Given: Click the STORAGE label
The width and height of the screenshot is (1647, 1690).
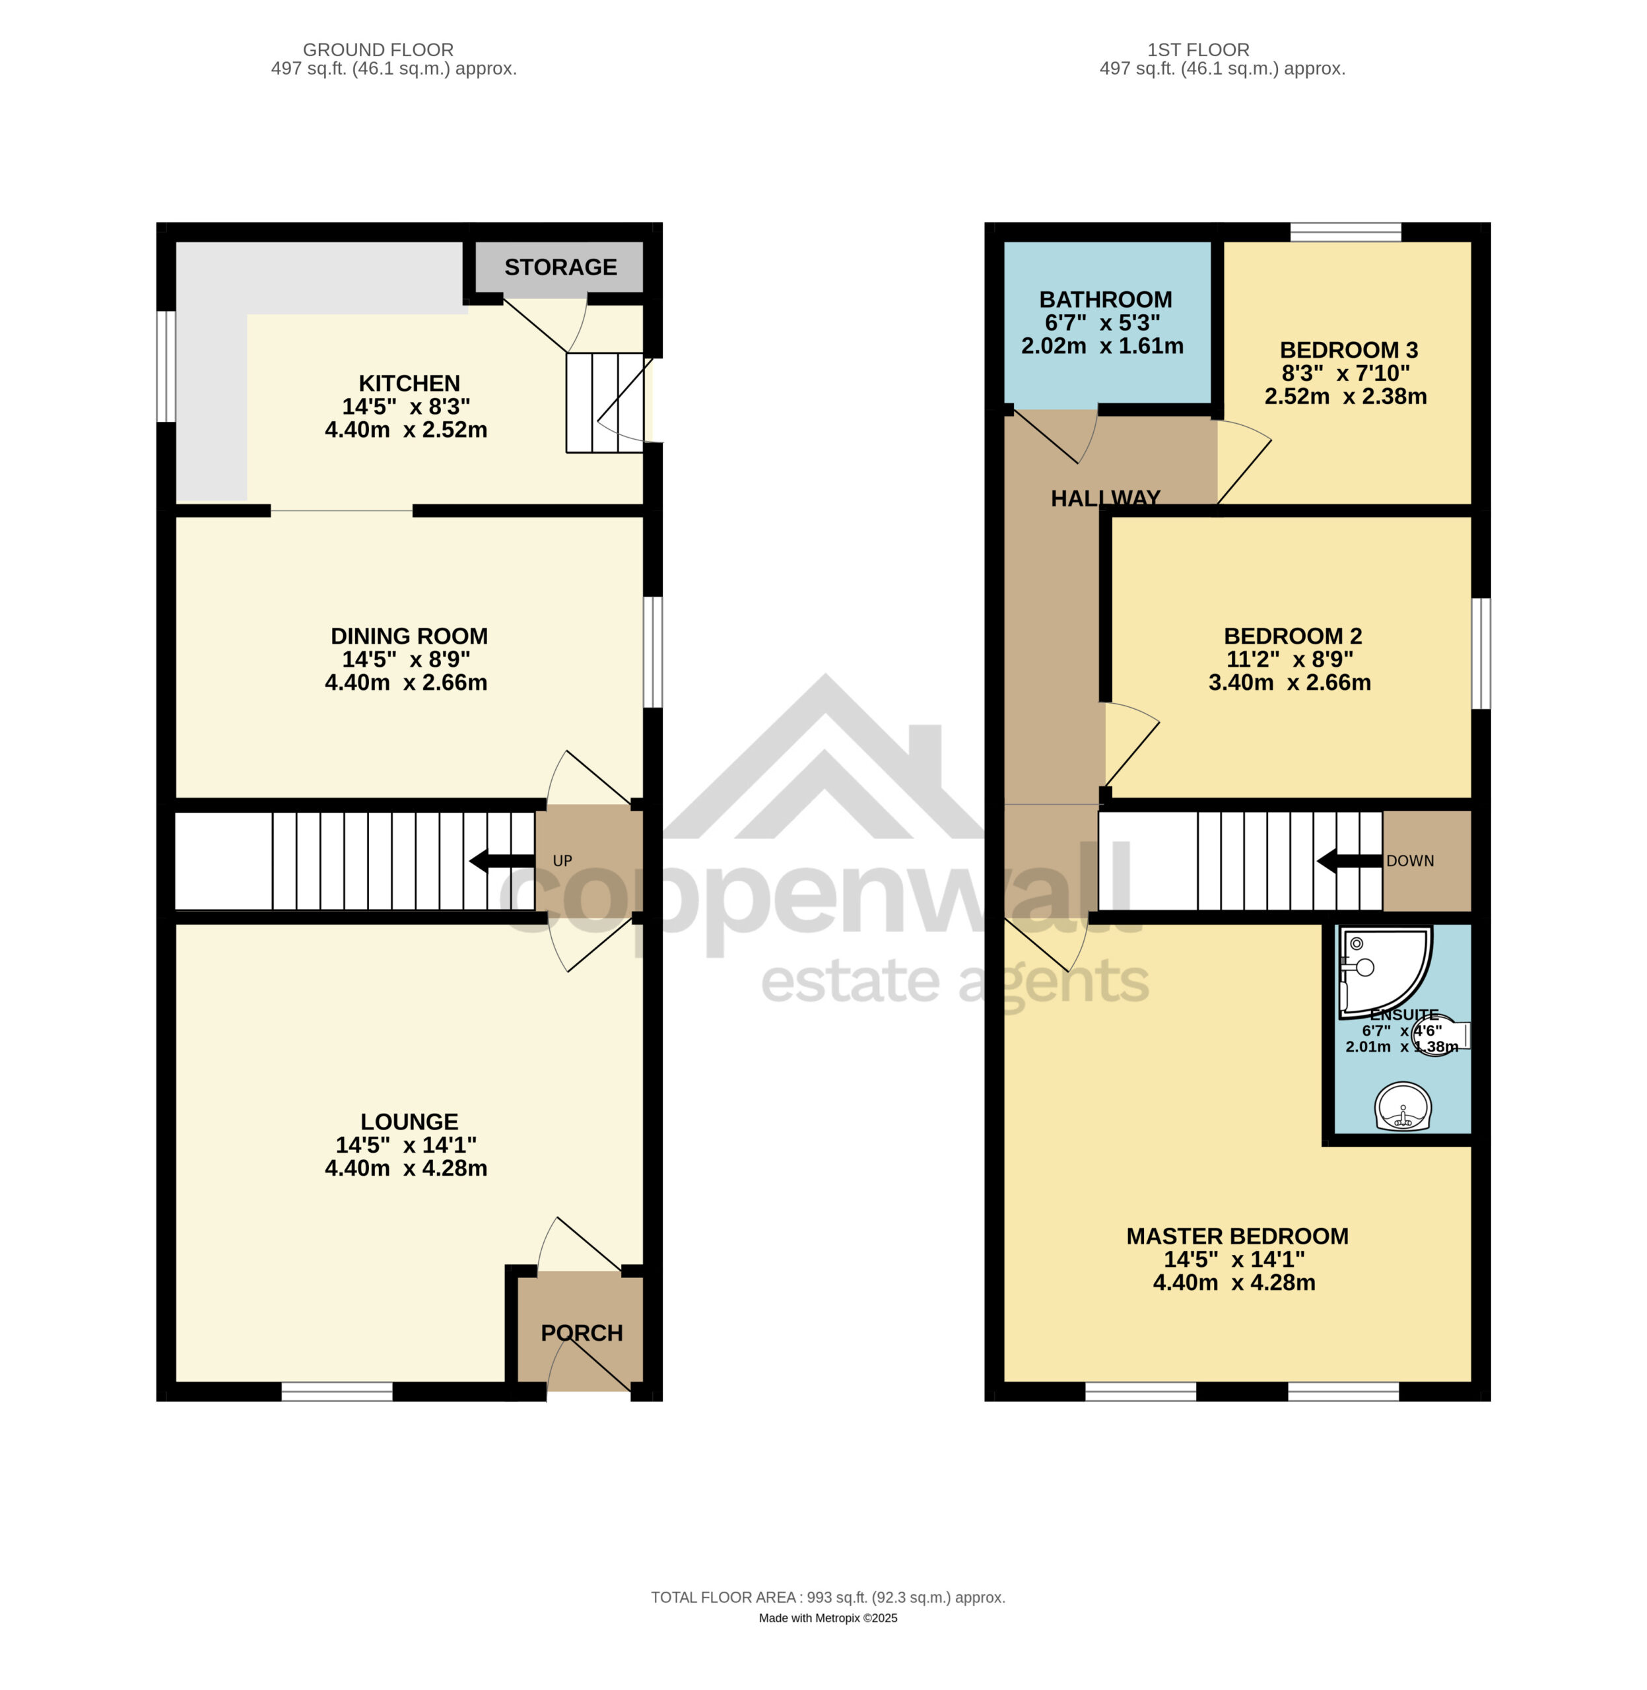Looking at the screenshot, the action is (560, 267).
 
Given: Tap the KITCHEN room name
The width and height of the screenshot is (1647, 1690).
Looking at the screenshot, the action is (409, 383).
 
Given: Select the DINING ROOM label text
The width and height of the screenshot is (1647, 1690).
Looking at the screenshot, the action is (409, 636).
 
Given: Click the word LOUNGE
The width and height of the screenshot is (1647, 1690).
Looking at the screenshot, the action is (409, 1122).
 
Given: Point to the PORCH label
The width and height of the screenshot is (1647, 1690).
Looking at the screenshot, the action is (582, 1333).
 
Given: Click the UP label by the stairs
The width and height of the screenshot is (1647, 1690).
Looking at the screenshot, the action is (562, 861).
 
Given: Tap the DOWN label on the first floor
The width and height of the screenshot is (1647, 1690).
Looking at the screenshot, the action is (1410, 861).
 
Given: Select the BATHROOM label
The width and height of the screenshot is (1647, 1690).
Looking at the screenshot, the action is (1106, 299).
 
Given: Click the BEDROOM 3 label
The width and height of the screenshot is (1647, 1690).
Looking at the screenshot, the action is (1349, 351).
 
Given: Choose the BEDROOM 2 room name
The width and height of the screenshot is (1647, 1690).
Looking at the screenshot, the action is (1293, 636).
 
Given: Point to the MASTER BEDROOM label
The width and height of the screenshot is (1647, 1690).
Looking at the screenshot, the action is (1237, 1236).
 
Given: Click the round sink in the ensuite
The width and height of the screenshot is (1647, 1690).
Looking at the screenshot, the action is (1403, 1106).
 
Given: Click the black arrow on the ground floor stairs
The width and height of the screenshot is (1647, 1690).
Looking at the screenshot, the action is (502, 861).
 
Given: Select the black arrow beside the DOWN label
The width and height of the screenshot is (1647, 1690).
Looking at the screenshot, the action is (1349, 861).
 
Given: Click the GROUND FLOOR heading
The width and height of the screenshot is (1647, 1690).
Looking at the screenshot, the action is (378, 50).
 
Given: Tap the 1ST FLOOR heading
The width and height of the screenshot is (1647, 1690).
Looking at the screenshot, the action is (1198, 50).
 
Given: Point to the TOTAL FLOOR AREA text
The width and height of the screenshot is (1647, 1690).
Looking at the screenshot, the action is (828, 1598).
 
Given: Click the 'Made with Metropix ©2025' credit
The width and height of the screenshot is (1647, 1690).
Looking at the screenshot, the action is (828, 1618).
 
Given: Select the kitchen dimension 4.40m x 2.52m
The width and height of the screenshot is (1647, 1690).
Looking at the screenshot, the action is (406, 430).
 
